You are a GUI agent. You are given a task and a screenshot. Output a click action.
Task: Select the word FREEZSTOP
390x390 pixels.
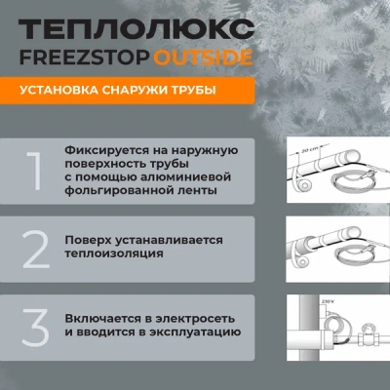tap(85, 58)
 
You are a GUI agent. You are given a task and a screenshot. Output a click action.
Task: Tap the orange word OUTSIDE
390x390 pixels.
tap(203, 58)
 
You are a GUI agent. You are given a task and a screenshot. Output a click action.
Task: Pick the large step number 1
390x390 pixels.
tap(35, 172)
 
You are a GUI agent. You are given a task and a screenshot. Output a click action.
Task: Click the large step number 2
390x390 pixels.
tap(36, 250)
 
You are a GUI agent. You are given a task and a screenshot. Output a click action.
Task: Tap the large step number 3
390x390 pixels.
tap(35, 328)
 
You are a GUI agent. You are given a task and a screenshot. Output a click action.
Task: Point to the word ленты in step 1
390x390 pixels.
tap(198, 190)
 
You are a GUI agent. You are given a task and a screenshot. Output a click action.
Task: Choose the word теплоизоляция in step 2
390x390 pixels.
tap(114, 253)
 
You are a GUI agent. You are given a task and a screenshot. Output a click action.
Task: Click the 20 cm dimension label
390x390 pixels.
tap(306, 150)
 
